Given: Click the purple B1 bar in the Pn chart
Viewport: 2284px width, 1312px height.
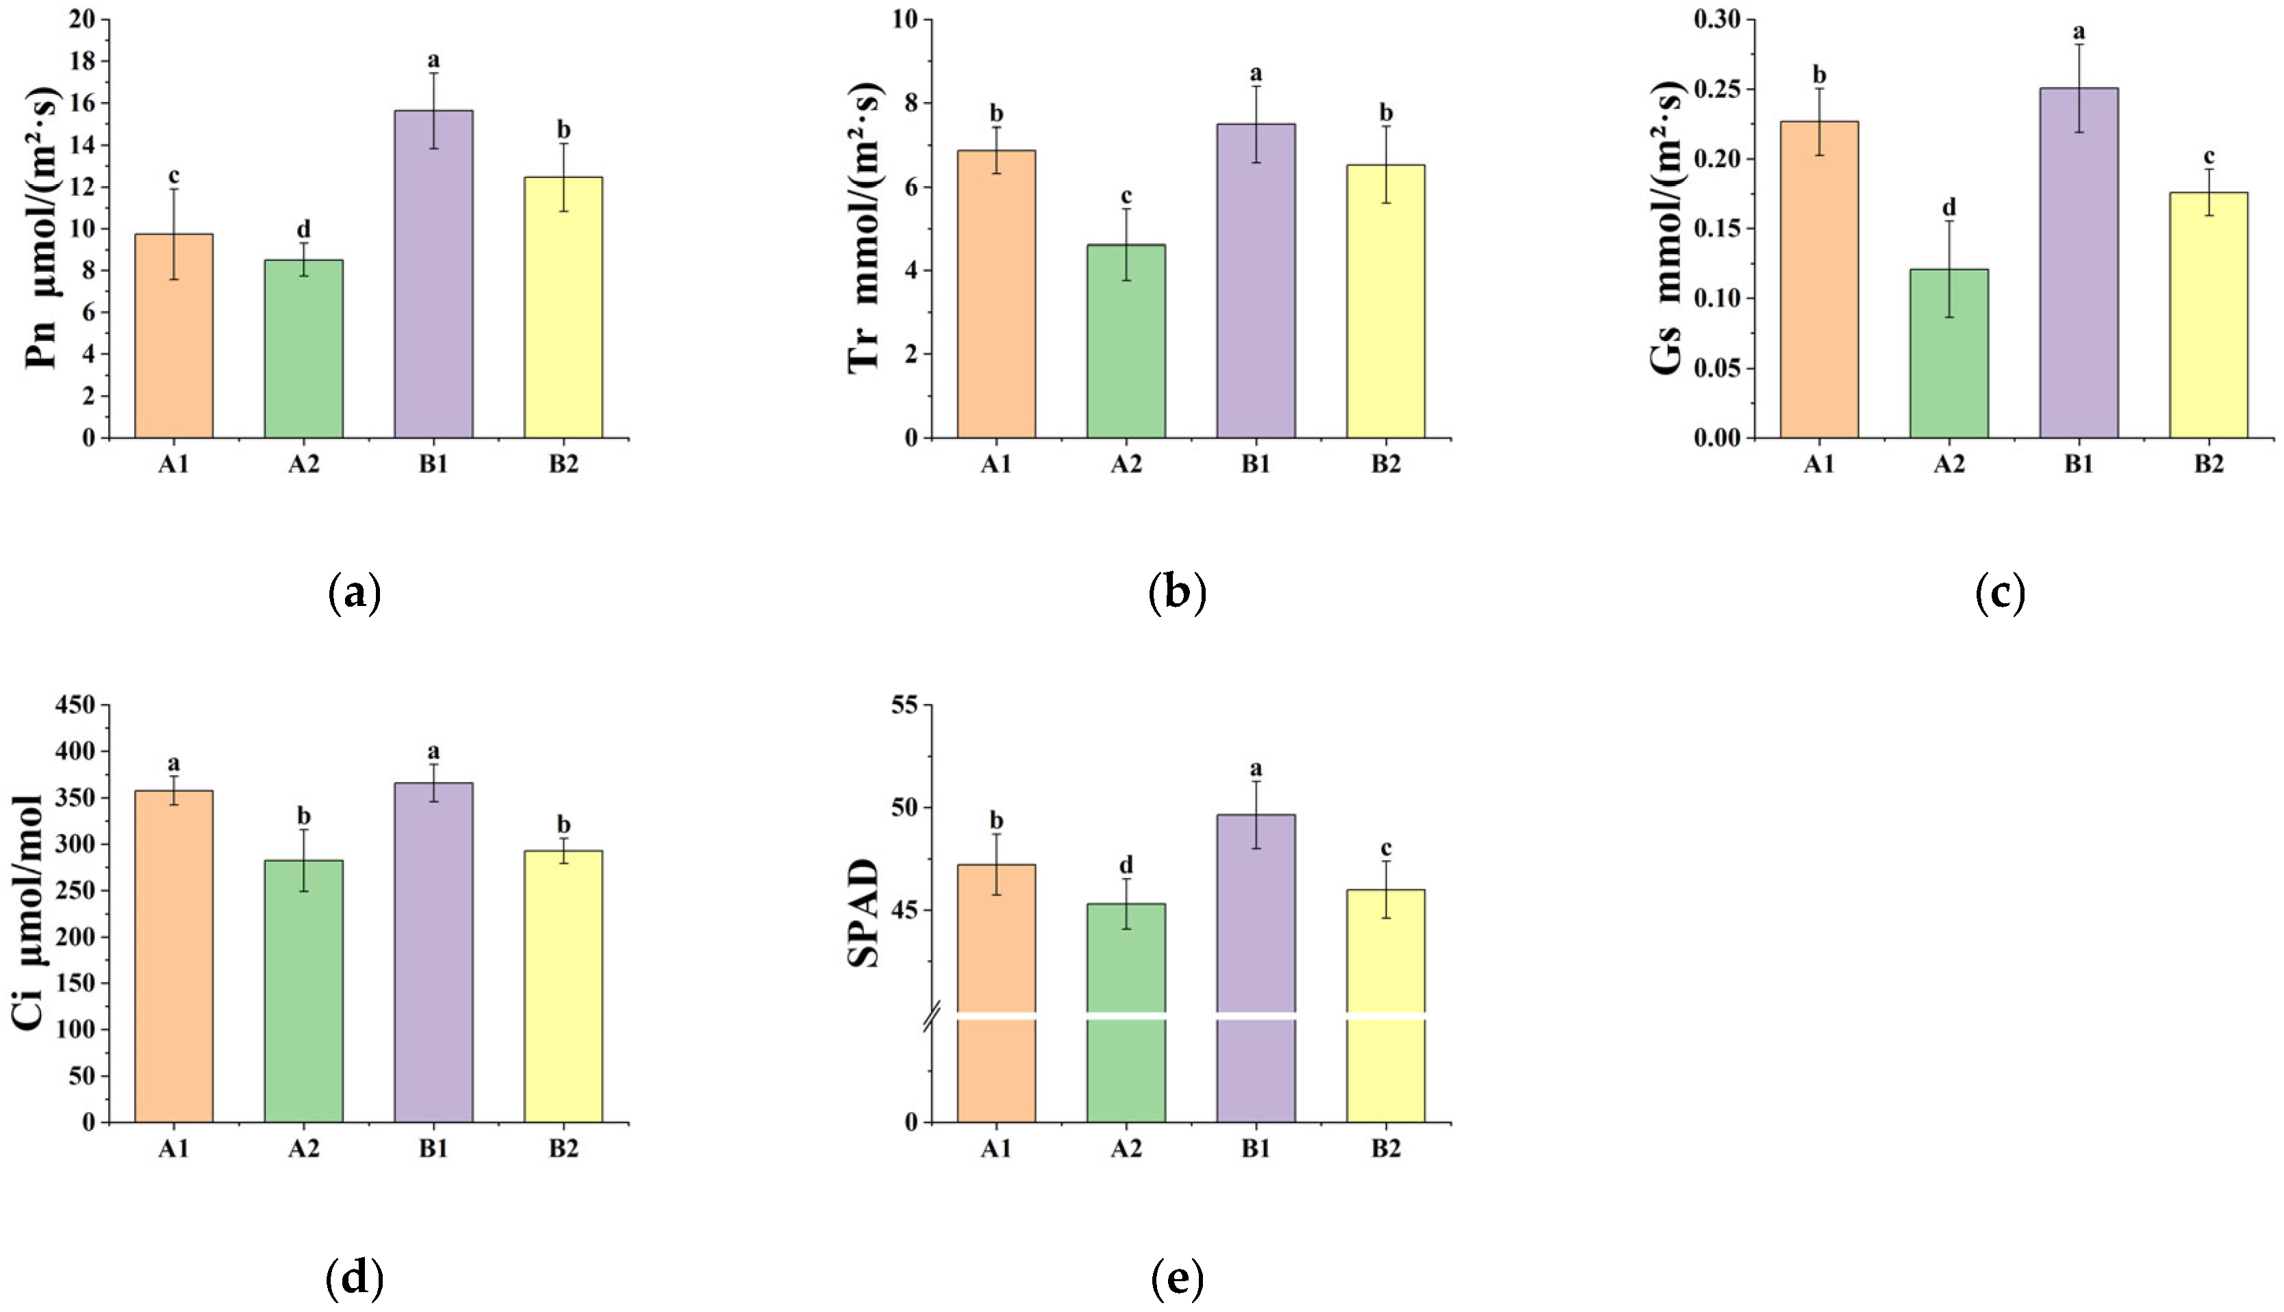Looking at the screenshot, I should tap(433, 274).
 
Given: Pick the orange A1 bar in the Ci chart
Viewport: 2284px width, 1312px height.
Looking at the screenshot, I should tap(174, 956).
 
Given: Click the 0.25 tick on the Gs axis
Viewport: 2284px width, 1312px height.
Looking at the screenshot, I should tap(1718, 89).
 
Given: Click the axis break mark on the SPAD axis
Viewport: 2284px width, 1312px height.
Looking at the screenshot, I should tap(932, 1016).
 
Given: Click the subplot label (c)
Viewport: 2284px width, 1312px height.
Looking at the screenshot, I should tap(1999, 593).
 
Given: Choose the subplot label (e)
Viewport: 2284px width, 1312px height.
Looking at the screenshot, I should tap(1177, 1277).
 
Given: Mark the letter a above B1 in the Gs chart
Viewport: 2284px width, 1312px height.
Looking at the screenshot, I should tap(2079, 32).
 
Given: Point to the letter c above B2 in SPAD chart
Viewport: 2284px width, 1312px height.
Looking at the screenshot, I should tap(1386, 848).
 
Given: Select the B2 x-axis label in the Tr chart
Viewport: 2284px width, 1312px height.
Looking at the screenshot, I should tap(1386, 465).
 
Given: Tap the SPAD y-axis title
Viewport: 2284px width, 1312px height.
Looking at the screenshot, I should tap(863, 913).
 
